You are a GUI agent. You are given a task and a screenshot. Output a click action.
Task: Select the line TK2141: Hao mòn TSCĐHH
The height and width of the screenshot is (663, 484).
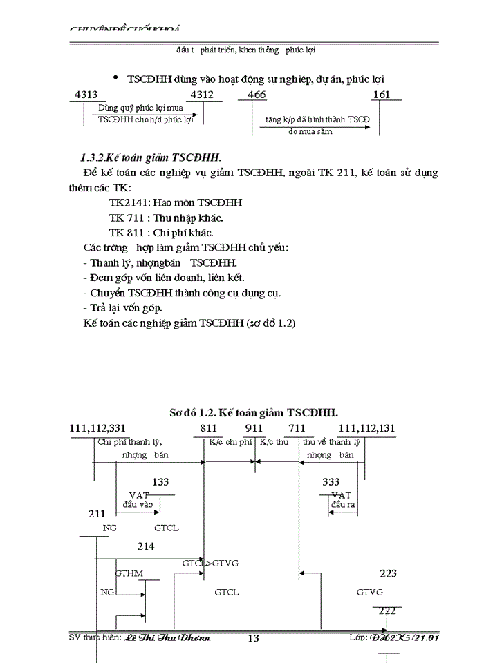[176, 203]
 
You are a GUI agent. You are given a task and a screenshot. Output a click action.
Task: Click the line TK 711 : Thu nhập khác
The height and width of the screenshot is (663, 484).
[166, 218]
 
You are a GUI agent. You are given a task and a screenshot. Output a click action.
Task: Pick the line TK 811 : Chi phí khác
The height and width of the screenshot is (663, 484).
[161, 232]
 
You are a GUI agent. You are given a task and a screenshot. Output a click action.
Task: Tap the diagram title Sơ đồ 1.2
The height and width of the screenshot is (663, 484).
[254, 413]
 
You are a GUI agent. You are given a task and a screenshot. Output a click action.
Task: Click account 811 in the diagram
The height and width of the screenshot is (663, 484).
[208, 428]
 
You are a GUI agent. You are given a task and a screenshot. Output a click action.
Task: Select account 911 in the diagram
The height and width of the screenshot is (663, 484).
[254, 428]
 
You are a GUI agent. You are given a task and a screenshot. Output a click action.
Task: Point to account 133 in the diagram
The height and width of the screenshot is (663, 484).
[160, 482]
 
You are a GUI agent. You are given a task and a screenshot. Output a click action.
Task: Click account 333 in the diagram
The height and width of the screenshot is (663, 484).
[331, 482]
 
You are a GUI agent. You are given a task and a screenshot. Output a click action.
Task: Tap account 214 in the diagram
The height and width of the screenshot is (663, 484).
[145, 546]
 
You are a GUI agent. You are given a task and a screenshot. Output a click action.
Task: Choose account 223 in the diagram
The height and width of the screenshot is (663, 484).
[389, 573]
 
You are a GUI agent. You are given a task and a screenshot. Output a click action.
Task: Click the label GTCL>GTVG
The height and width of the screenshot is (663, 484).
[210, 563]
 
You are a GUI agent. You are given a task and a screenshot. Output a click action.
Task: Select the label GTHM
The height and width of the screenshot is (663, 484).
[129, 573]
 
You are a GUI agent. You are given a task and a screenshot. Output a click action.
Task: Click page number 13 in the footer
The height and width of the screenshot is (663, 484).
[253, 639]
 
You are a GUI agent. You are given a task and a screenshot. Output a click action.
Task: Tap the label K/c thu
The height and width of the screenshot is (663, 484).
[274, 442]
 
